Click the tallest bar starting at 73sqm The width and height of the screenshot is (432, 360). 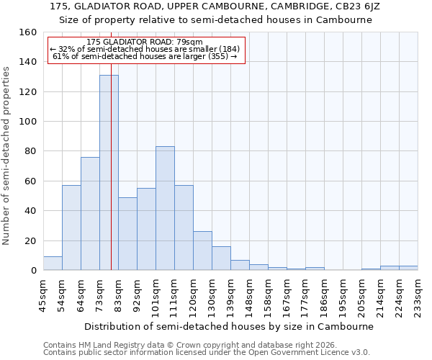(x=109, y=173)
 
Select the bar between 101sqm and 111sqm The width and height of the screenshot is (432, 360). (x=165, y=208)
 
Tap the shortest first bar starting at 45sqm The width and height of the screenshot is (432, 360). (x=53, y=264)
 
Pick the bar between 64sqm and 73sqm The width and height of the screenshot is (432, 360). (x=90, y=213)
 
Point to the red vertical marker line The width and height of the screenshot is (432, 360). (x=111, y=180)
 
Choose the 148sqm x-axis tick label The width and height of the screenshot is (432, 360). (x=249, y=297)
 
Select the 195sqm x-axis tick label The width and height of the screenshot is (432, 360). (x=343, y=297)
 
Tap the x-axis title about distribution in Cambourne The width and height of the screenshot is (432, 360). (x=230, y=326)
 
